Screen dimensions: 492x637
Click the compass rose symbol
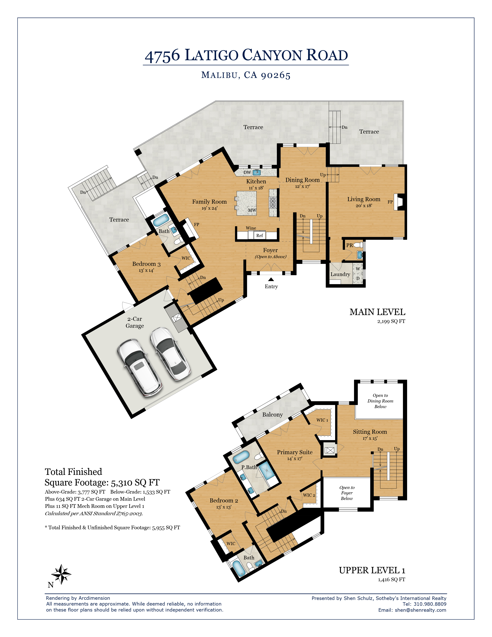[x=61, y=574]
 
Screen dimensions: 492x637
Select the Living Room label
[x=364, y=199]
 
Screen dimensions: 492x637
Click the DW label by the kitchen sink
[x=247, y=172]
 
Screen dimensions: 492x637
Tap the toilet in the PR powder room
[x=358, y=245]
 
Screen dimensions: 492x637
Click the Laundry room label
[x=340, y=274]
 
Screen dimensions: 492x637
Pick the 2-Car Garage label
[x=135, y=322]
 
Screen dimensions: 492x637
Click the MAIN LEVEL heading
[x=377, y=312]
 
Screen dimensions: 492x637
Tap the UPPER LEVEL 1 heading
[x=372, y=570]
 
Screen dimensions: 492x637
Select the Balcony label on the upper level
[x=272, y=415]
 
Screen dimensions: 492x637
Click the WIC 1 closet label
[x=322, y=420]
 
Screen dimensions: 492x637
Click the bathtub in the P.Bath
[x=241, y=457]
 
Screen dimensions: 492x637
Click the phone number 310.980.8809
[x=430, y=604]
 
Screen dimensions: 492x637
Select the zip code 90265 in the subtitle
[x=276, y=75]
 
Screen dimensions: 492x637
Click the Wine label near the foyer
[x=251, y=228]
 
